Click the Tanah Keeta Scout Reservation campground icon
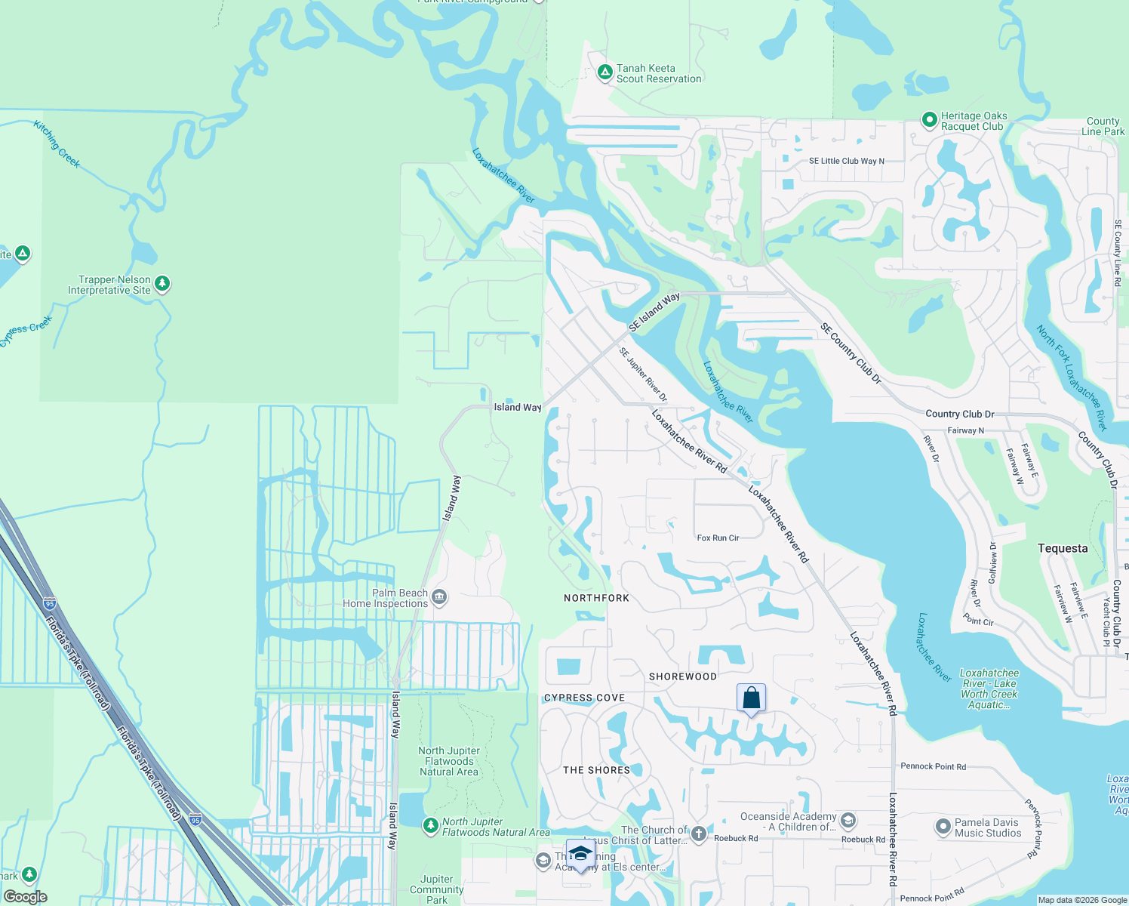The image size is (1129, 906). (x=604, y=72)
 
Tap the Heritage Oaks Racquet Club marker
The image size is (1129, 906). (x=929, y=120)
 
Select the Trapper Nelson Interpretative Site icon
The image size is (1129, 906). (x=162, y=284)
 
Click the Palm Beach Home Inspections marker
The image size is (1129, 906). (x=439, y=598)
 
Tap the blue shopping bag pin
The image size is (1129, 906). (x=751, y=698)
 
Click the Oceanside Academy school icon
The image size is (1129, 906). (x=848, y=821)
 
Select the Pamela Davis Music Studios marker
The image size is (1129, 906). (x=943, y=827)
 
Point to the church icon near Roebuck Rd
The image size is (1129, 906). (x=699, y=834)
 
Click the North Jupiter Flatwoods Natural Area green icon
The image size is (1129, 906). (x=430, y=826)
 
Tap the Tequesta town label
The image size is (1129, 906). (x=1062, y=548)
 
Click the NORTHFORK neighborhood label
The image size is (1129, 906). (x=596, y=598)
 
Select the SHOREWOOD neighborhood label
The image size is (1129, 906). (x=683, y=676)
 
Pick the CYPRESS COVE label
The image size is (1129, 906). (x=584, y=698)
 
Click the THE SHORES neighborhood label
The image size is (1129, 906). (x=596, y=770)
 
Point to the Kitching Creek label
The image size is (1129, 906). (x=57, y=143)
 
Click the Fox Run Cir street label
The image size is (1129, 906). (x=718, y=538)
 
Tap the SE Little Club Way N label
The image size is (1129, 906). (x=846, y=161)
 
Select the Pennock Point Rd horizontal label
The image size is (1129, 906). (x=933, y=766)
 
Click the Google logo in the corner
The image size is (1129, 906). (x=26, y=897)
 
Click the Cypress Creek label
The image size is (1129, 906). (x=27, y=331)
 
